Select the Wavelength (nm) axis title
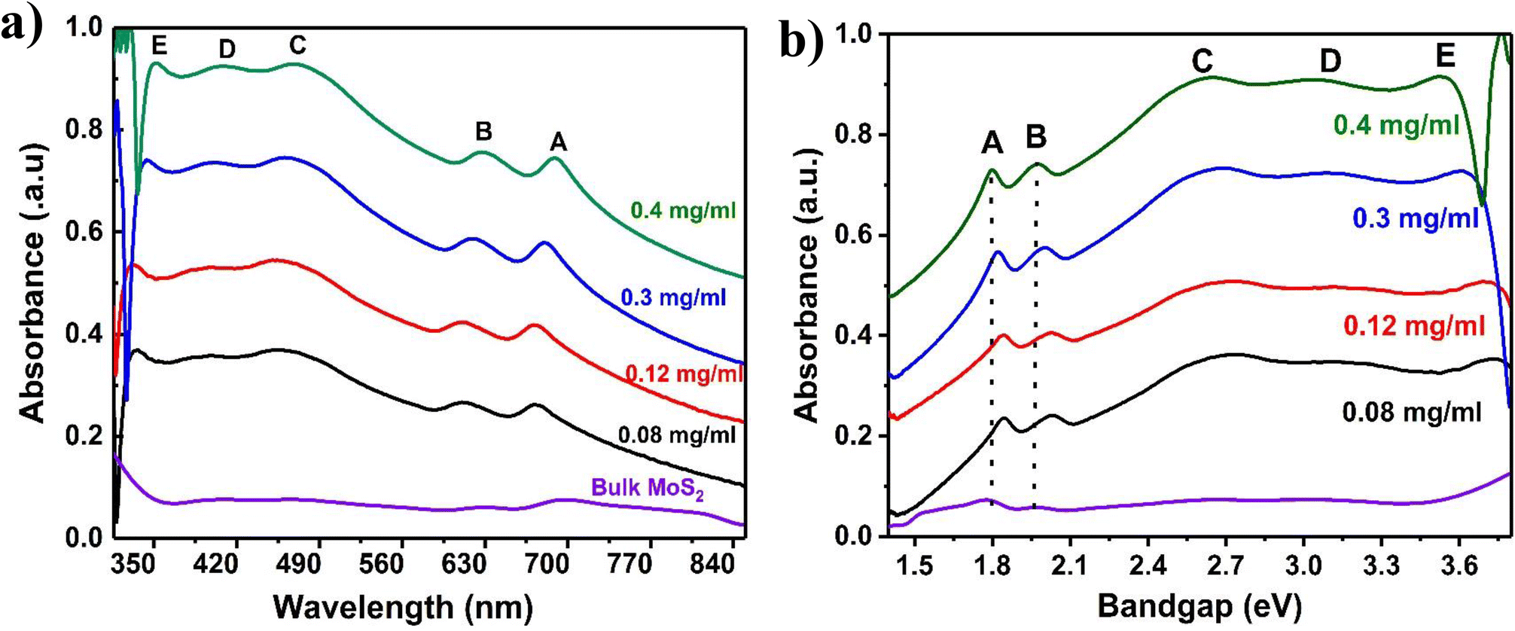[x=403, y=607]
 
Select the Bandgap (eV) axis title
[x=1199, y=605]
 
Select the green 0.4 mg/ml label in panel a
[x=683, y=210]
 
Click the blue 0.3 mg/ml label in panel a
[x=673, y=297]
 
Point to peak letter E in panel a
[x=159, y=46]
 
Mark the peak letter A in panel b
[x=992, y=142]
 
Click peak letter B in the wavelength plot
[x=483, y=132]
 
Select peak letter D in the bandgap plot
[x=1331, y=61]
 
